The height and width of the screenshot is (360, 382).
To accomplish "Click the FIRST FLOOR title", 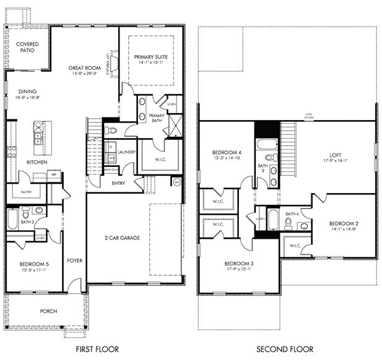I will tap(97, 349).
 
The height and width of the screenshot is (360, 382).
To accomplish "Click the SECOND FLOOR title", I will tap(284, 349).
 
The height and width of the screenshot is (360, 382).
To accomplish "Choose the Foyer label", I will tap(75, 260).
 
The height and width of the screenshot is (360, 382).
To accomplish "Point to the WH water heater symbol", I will tap(176, 182).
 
